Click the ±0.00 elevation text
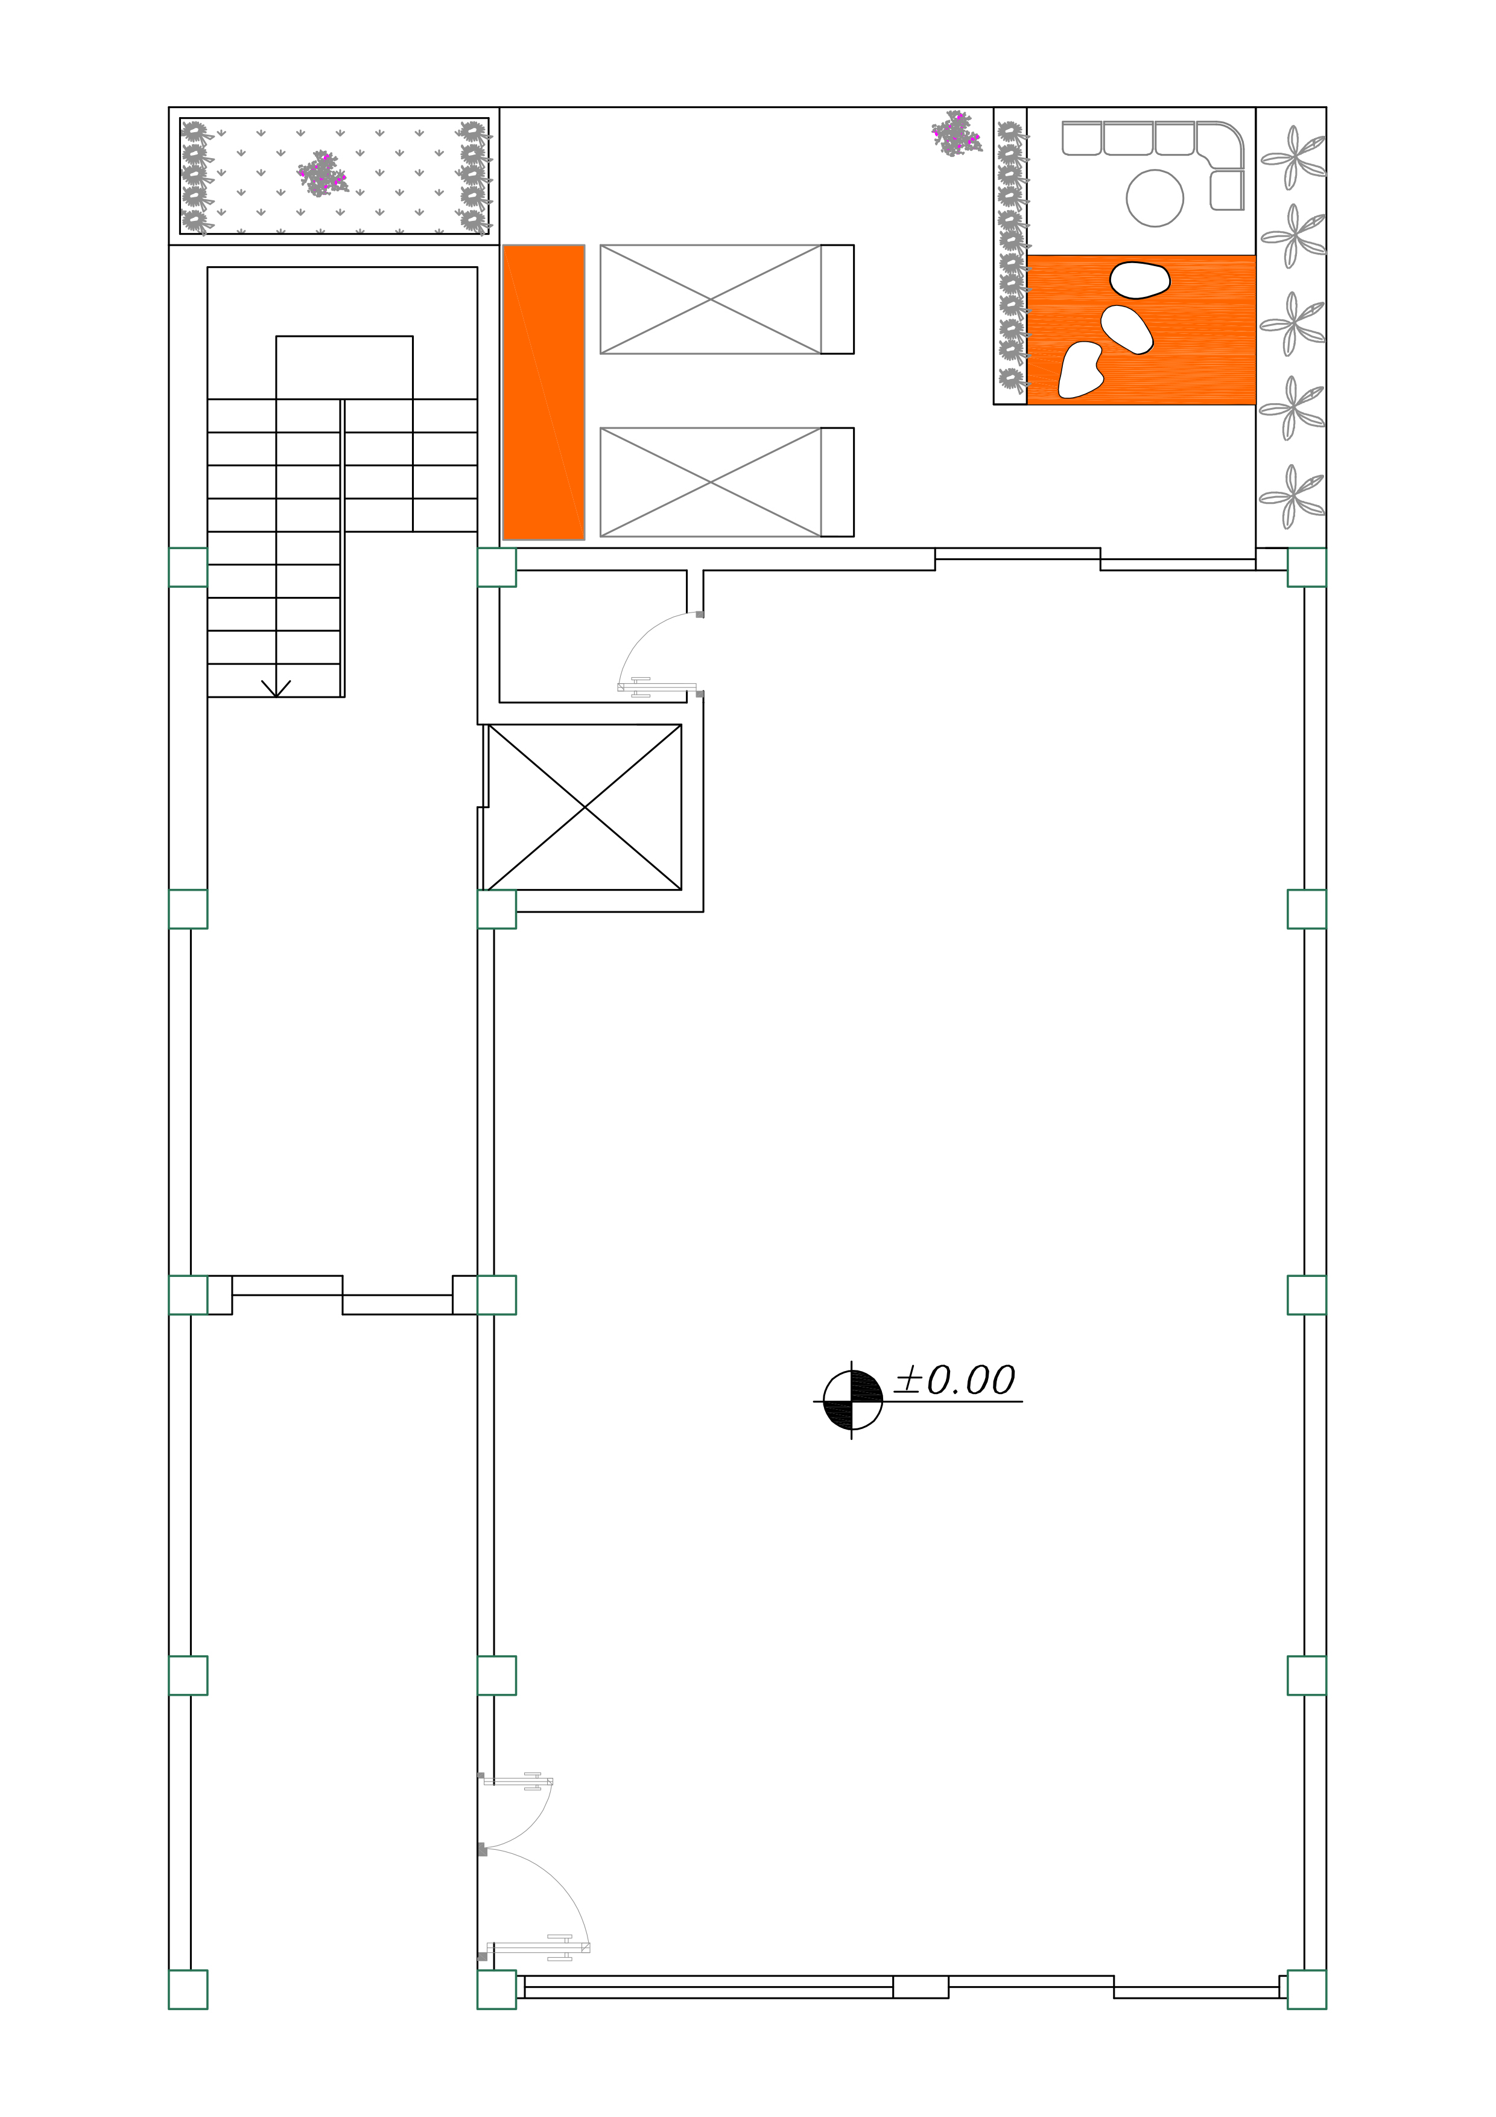[x=955, y=1380]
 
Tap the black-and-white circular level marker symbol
[x=852, y=1401]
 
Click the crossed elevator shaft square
[x=585, y=807]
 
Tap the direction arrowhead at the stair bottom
[x=276, y=688]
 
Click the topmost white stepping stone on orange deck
[x=1140, y=280]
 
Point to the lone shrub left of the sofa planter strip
[x=957, y=134]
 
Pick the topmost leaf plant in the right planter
[x=1292, y=157]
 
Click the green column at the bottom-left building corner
[x=188, y=1989]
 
